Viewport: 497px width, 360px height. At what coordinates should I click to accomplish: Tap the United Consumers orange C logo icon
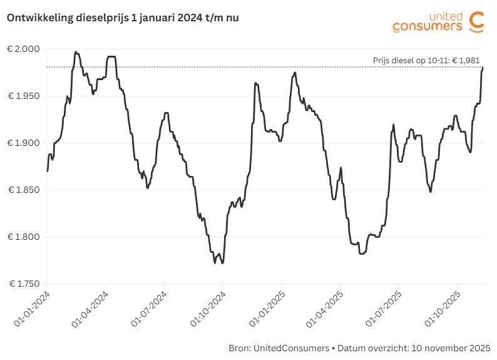(x=476, y=21)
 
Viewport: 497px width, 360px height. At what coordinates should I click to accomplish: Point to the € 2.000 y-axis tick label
(x=24, y=49)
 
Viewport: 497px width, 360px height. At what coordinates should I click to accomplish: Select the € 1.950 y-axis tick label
(x=24, y=96)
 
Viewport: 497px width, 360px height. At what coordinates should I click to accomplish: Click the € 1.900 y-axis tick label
(x=24, y=143)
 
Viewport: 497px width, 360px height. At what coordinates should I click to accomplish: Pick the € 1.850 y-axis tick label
(x=24, y=190)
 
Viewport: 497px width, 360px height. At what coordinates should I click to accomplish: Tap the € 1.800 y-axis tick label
(x=24, y=237)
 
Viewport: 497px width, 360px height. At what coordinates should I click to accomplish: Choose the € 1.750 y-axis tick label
(x=24, y=284)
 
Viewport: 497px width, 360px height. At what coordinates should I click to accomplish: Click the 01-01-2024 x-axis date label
(x=31, y=307)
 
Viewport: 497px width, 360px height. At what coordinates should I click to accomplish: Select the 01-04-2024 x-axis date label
(x=90, y=307)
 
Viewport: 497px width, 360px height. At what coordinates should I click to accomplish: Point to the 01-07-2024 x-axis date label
(x=149, y=307)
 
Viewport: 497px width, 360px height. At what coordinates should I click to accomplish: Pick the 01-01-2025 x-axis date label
(x=266, y=307)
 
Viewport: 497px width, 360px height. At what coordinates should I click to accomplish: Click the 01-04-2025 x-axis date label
(x=324, y=307)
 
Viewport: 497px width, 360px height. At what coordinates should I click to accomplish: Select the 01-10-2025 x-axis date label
(x=442, y=307)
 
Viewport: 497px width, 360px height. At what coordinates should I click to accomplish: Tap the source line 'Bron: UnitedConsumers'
(x=275, y=347)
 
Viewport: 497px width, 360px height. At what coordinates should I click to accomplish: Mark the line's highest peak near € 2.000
(x=76, y=53)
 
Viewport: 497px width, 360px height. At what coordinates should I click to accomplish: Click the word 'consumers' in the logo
(x=428, y=26)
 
